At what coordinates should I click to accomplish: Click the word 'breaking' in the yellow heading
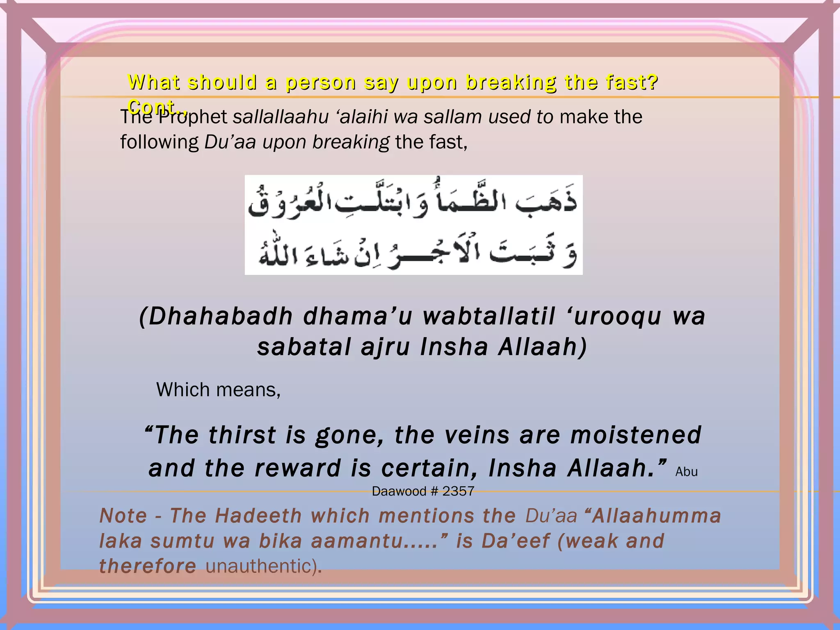(x=511, y=82)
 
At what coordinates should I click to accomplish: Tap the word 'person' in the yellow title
(x=321, y=82)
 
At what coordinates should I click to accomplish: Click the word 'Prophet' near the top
(x=193, y=117)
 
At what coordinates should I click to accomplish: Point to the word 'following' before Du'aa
(x=159, y=142)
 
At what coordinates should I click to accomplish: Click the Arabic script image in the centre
(x=413, y=225)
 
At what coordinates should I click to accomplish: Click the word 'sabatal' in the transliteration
(x=304, y=347)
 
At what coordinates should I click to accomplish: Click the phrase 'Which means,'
(x=218, y=390)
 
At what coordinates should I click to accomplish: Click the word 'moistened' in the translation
(x=636, y=435)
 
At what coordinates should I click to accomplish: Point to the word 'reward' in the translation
(x=298, y=468)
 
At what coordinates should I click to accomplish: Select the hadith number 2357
(x=458, y=491)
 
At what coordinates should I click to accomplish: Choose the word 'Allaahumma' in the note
(x=656, y=516)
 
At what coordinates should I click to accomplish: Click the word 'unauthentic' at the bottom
(x=258, y=566)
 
